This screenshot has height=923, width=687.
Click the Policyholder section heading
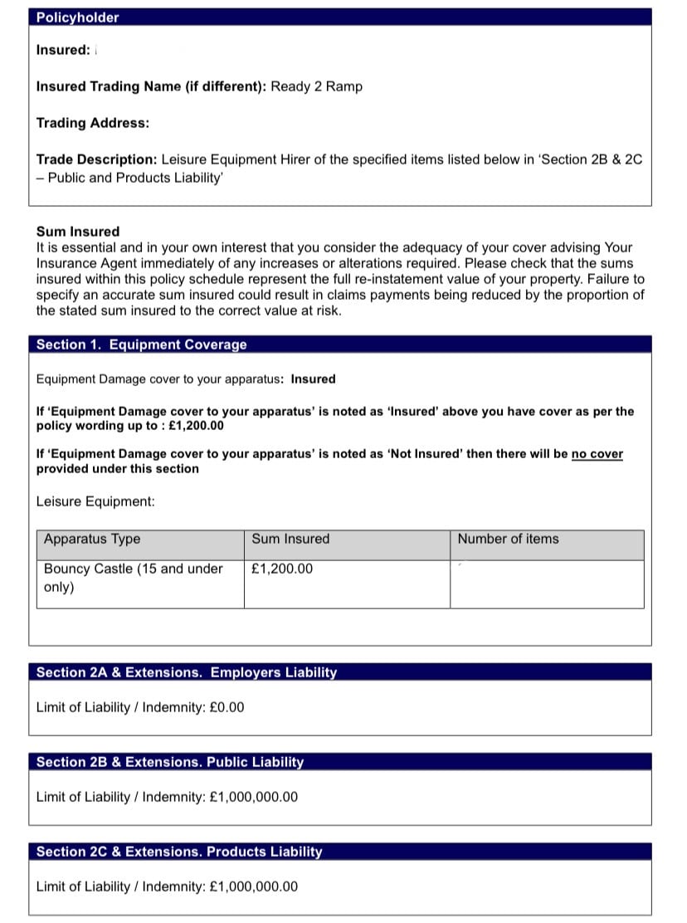(x=77, y=17)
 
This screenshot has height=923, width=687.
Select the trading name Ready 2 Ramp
(x=317, y=86)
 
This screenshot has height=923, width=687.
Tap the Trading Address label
(x=93, y=123)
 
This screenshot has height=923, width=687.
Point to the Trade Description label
(x=96, y=159)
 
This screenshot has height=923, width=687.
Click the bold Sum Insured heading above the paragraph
(x=78, y=232)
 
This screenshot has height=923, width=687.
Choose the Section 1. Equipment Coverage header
(x=142, y=344)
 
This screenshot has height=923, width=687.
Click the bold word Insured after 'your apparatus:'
(x=313, y=379)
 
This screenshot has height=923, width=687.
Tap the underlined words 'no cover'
(x=597, y=454)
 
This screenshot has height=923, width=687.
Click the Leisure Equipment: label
(x=95, y=501)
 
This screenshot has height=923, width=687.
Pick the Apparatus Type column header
(x=92, y=540)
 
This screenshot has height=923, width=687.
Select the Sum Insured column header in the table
(x=290, y=540)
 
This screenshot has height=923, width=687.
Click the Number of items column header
(x=508, y=540)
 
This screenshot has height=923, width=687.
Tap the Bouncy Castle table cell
(x=133, y=578)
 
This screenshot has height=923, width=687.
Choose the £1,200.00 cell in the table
(x=282, y=569)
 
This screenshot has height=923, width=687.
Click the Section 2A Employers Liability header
(x=187, y=672)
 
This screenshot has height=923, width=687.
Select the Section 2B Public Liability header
(x=170, y=762)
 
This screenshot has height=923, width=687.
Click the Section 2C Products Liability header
(x=179, y=852)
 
